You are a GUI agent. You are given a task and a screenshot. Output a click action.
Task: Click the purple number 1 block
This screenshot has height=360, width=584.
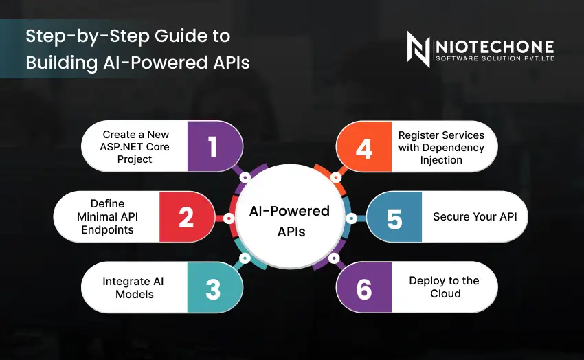(x=213, y=147)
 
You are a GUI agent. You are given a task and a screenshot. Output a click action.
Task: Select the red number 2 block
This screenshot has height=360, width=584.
(x=186, y=217)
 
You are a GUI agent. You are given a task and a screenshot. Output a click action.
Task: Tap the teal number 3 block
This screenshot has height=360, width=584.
(x=213, y=288)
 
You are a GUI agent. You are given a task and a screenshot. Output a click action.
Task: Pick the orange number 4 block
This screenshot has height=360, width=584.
(x=364, y=147)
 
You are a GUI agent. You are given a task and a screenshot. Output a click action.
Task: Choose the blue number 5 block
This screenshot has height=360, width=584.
(x=394, y=217)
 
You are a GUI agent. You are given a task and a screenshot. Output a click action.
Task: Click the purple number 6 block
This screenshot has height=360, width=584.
(x=364, y=288)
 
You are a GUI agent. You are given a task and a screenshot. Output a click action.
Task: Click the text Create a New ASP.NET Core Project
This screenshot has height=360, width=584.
(x=136, y=147)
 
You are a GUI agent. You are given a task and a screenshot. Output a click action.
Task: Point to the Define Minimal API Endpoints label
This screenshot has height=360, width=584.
(x=107, y=217)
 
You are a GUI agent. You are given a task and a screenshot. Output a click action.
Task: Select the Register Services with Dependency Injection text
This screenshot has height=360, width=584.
(x=441, y=147)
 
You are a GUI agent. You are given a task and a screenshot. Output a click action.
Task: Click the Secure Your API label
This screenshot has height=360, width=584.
(x=475, y=217)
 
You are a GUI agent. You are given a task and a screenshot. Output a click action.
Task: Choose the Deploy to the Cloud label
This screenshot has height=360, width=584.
(x=445, y=287)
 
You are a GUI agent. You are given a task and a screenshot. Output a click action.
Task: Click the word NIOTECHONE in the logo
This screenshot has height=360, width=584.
(x=495, y=45)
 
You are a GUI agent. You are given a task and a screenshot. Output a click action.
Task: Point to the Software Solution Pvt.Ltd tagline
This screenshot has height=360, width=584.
(x=495, y=58)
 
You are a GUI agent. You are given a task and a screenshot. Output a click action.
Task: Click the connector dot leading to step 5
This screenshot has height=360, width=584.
(x=352, y=218)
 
